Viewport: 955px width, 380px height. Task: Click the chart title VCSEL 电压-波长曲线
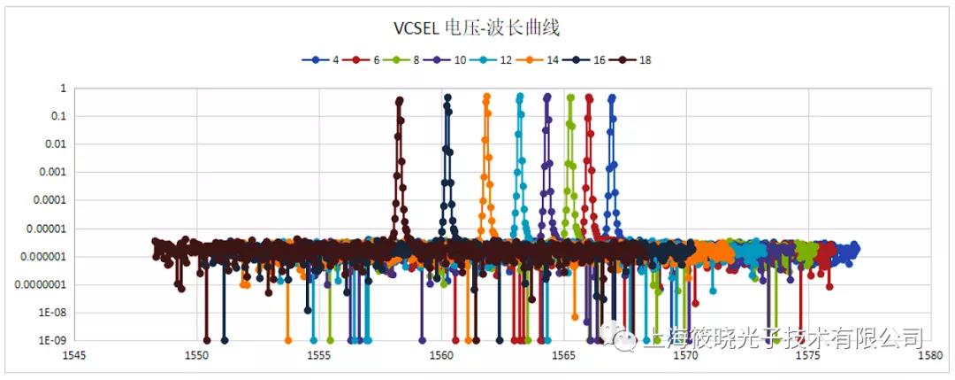[477, 27]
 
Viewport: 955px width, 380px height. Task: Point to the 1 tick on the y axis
[63, 88]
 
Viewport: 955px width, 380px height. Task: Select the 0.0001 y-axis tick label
[50, 200]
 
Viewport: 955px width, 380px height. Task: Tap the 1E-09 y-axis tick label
[51, 340]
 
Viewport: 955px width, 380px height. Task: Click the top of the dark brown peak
[400, 101]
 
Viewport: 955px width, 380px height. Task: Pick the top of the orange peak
[486, 97]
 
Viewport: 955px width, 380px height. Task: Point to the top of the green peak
[570, 97]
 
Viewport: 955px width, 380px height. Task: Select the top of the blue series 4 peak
[612, 97]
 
